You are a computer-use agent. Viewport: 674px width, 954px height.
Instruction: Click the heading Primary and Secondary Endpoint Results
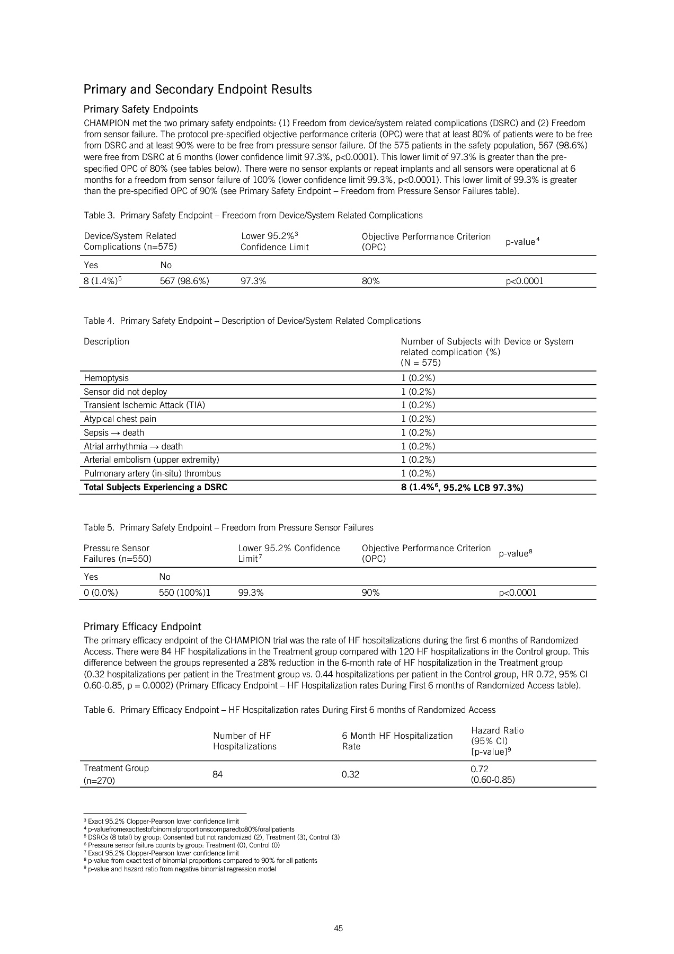pyautogui.click(x=198, y=90)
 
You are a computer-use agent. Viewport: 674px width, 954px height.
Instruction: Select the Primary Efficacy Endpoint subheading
pyautogui.click(x=142, y=627)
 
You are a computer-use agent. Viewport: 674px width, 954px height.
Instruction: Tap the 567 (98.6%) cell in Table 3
pyautogui.click(x=184, y=281)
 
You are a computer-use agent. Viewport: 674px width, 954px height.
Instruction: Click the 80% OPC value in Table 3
pyautogui.click(x=370, y=281)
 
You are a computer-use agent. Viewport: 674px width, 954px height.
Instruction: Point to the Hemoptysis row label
pyautogui.click(x=106, y=378)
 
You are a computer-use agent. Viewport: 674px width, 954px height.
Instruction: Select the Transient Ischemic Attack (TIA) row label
pyautogui.click(x=144, y=405)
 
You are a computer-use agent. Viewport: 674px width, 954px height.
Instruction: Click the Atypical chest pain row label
pyautogui.click(x=120, y=419)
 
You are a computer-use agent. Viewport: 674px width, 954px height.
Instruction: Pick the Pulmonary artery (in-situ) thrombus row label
pyautogui.click(x=152, y=474)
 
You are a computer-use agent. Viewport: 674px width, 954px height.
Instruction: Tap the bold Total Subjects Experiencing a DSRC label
pyautogui.click(x=155, y=488)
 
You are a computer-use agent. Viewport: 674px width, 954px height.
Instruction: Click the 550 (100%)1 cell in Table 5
pyautogui.click(x=184, y=593)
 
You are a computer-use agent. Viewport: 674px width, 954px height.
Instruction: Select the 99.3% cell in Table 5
pyautogui.click(x=251, y=593)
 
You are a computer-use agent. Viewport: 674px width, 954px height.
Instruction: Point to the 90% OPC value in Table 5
pyautogui.click(x=370, y=593)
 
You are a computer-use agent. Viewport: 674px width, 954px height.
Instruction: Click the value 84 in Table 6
pyautogui.click(x=217, y=775)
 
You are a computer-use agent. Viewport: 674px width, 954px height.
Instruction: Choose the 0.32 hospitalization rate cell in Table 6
pyautogui.click(x=350, y=775)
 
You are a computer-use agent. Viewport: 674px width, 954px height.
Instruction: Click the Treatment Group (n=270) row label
pyautogui.click(x=116, y=774)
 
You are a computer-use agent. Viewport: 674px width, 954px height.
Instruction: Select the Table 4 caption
pyautogui.click(x=252, y=321)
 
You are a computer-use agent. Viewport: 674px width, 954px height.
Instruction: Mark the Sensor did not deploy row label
pyautogui.click(x=125, y=392)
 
